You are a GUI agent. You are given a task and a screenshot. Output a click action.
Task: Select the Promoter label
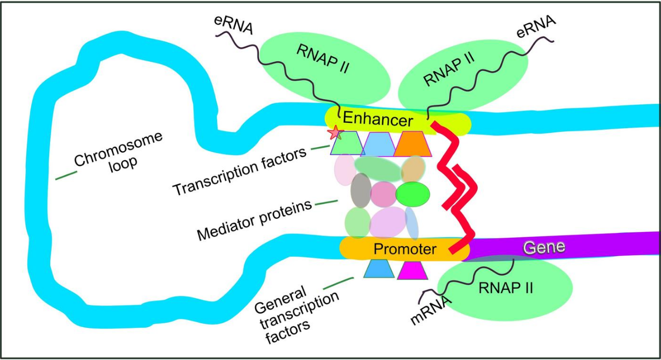pos(405,248)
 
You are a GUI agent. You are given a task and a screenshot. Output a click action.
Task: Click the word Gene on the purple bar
pos(543,247)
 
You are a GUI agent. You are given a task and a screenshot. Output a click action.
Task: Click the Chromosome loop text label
pos(117,152)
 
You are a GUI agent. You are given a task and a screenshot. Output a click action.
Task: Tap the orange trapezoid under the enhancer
pos(413,143)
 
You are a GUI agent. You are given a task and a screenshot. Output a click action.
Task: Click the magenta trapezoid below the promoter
pos(412,270)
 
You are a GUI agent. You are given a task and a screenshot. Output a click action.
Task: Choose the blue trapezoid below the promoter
pos(379,269)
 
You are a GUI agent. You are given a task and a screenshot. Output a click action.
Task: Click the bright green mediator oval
pos(413,194)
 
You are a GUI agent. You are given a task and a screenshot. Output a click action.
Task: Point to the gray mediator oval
pos(361,190)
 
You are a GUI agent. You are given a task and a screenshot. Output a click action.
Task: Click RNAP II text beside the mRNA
pos(506,288)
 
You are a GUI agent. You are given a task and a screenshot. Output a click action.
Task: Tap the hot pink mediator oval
pos(383,194)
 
